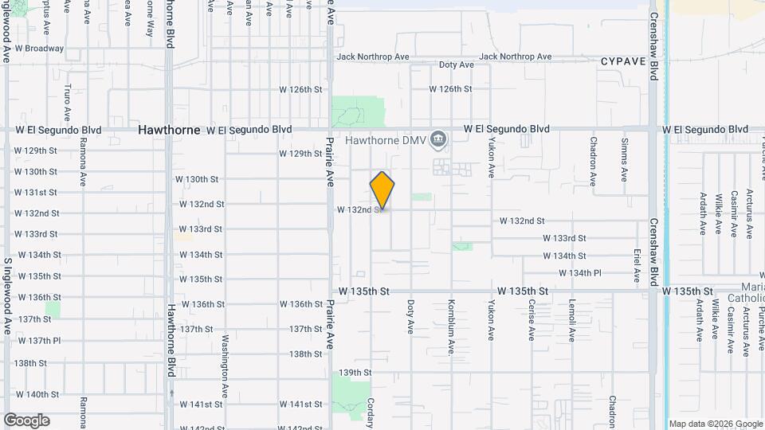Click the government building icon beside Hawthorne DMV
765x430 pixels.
point(437,141)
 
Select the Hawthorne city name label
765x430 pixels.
point(169,129)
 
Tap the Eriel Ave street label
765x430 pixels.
point(637,264)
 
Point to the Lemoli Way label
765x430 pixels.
point(572,320)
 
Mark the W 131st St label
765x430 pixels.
point(36,193)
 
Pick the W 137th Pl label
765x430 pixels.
point(37,341)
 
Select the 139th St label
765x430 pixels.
point(355,373)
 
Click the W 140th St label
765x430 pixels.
point(37,394)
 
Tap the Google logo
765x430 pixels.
point(26,420)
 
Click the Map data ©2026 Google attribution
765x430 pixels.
point(716,424)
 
